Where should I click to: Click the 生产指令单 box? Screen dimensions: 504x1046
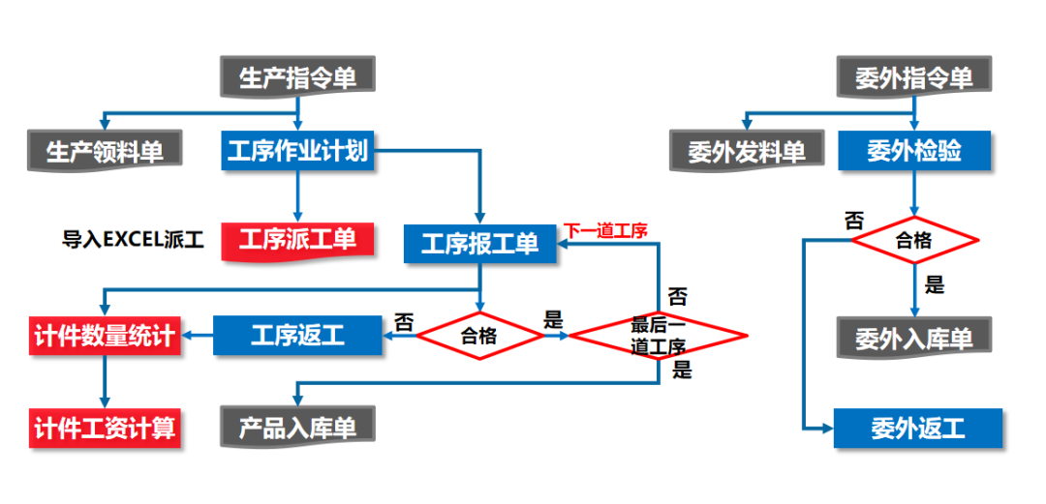click(297, 76)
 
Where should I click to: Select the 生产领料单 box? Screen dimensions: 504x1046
click(106, 151)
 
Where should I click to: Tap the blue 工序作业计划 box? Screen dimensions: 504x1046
click(297, 151)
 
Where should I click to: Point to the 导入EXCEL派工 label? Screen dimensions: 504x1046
click(134, 239)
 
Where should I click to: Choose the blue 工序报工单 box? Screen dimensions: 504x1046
click(480, 243)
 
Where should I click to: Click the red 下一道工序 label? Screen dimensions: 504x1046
click(605, 230)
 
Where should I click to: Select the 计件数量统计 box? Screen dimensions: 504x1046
click(105, 336)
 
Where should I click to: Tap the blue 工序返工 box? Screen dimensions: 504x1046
click(297, 336)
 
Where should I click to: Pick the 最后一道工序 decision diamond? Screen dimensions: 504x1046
click(658, 336)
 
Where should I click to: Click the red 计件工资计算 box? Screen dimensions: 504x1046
click(105, 427)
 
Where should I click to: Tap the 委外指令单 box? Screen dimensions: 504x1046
click(913, 76)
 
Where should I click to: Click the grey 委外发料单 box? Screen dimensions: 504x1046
click(747, 151)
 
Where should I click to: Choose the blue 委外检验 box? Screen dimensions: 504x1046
click(913, 151)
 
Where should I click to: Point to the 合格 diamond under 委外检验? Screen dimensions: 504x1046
click(913, 240)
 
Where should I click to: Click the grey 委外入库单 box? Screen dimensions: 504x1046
click(913, 337)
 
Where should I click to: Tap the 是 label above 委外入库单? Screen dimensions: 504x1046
click(935, 285)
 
